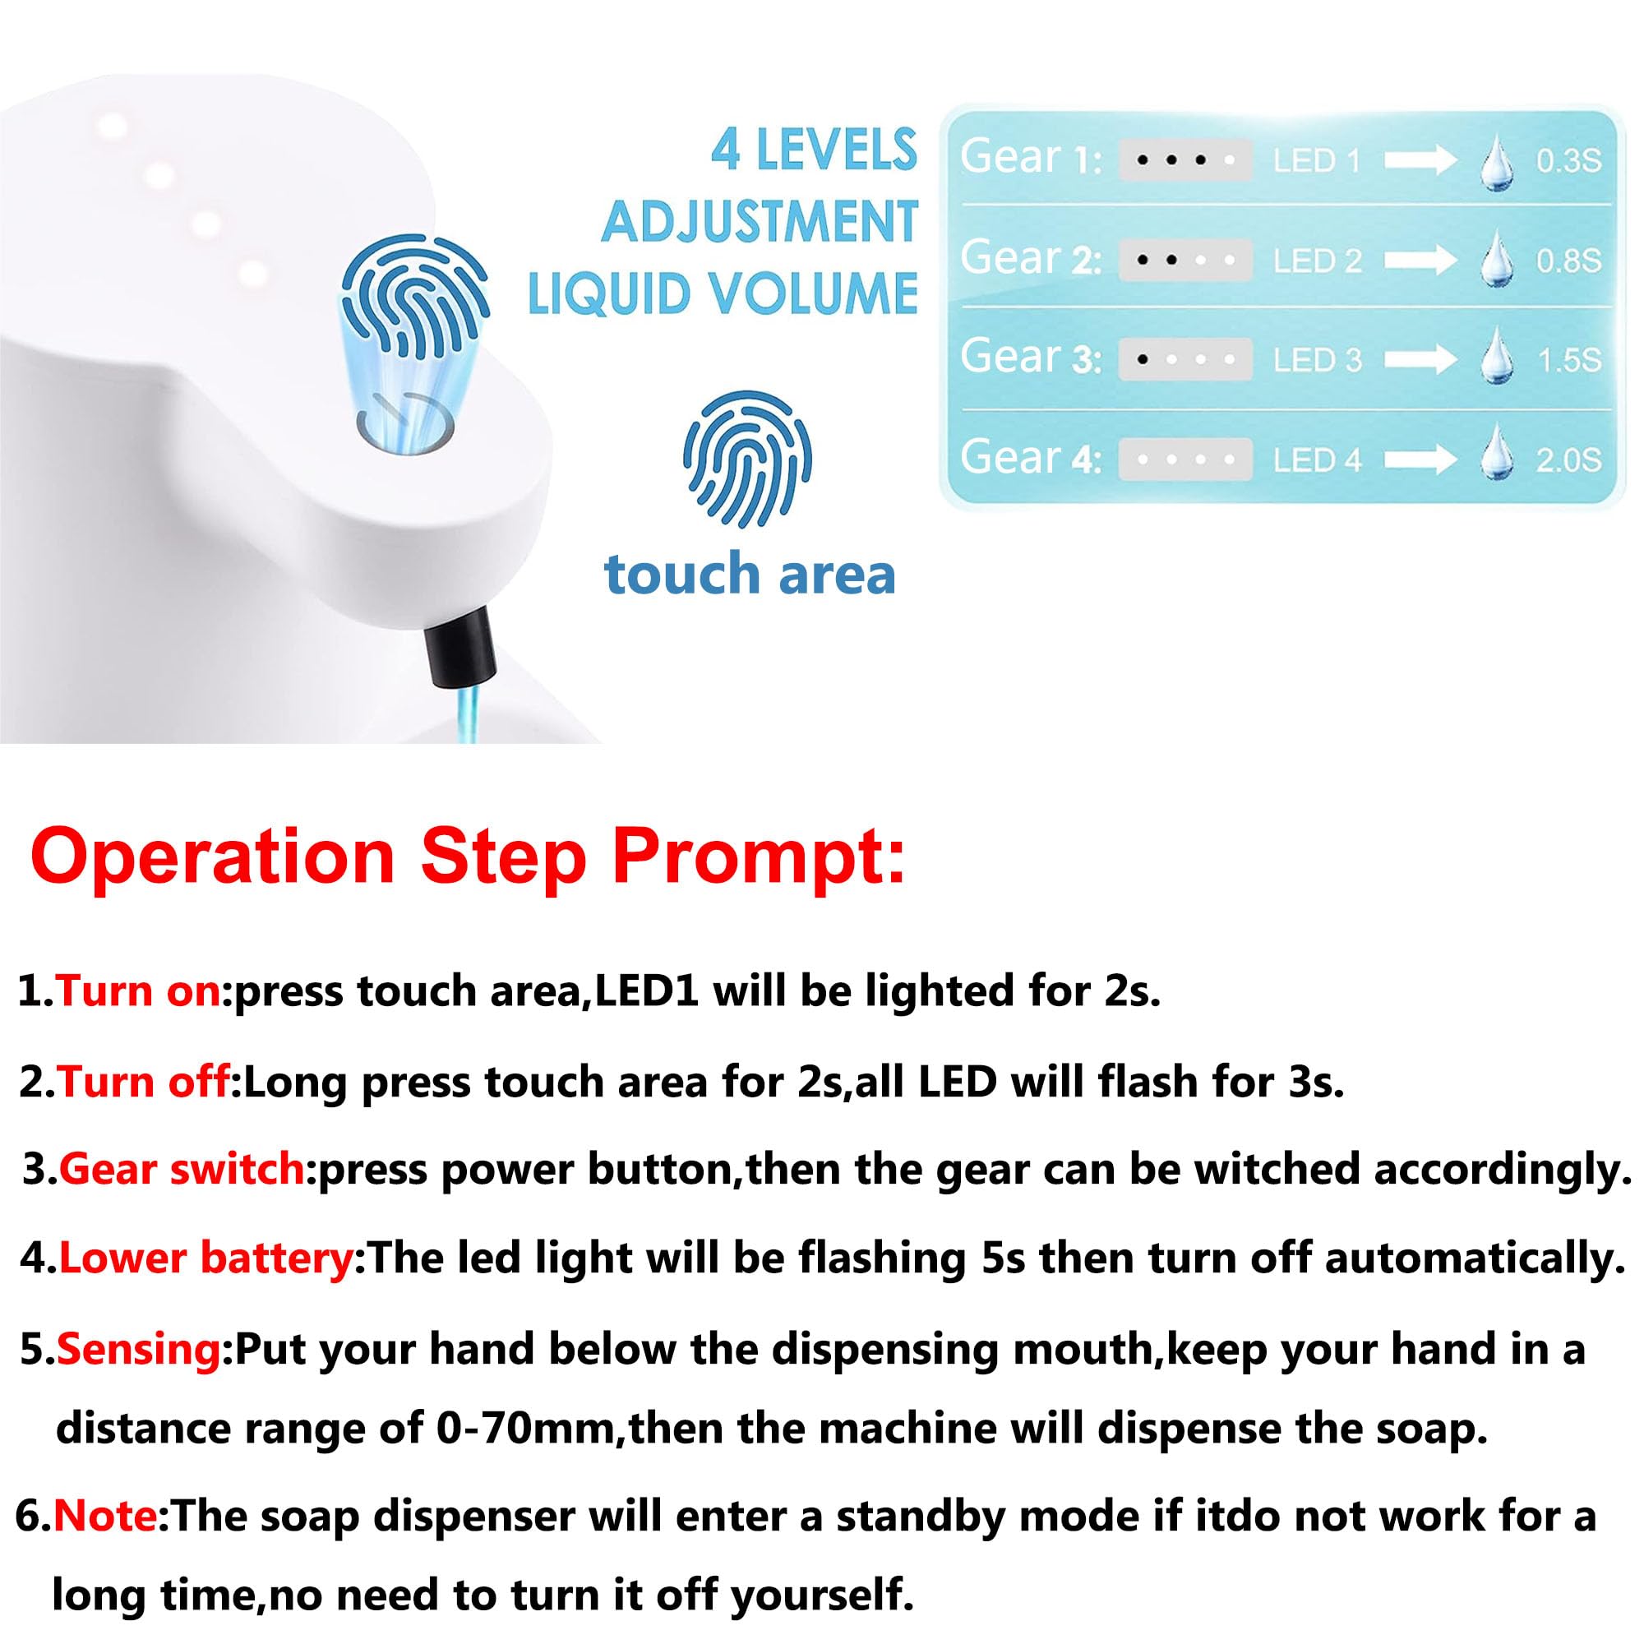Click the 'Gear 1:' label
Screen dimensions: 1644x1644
click(x=1031, y=159)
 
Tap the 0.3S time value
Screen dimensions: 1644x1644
click(x=1568, y=161)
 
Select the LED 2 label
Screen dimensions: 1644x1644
click(x=1317, y=261)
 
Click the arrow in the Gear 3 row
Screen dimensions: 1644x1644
click(x=1420, y=359)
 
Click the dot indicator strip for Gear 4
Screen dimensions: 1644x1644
click(x=1185, y=460)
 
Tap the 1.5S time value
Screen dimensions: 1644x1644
click(x=1569, y=361)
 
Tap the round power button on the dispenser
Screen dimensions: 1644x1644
click(x=405, y=423)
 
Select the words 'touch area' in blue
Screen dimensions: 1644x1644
click(x=750, y=575)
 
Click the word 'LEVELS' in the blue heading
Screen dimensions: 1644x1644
click(x=837, y=151)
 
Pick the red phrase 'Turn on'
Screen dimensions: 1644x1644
click(x=139, y=992)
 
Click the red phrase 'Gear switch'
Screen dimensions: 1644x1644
click(x=181, y=1169)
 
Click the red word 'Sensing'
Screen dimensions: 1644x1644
click(x=139, y=1350)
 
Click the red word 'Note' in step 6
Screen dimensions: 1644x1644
click(x=105, y=1517)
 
